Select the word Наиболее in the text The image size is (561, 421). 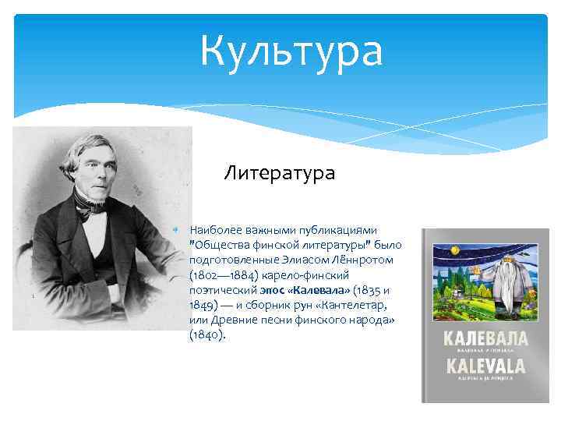221,230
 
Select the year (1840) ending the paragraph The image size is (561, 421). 206,334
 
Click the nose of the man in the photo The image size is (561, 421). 96,171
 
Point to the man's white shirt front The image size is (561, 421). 96,234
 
